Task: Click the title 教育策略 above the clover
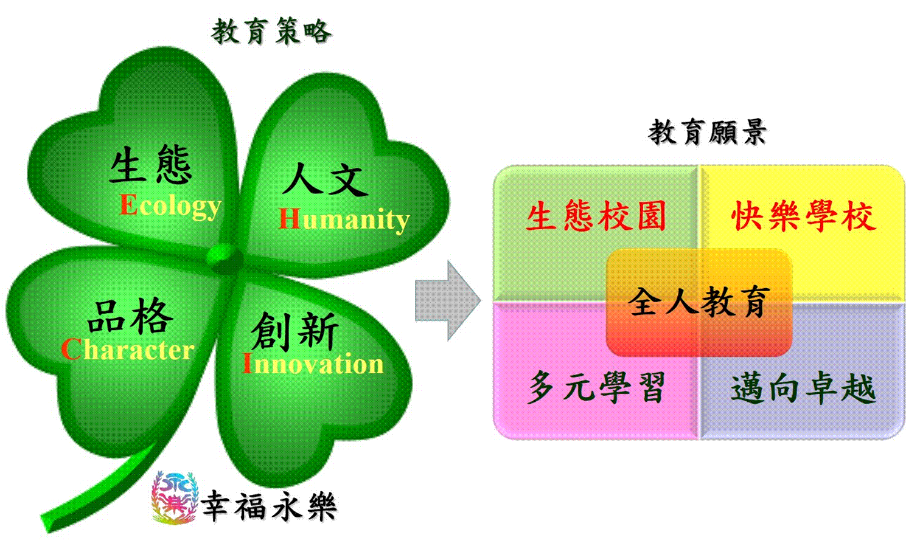pos(271,31)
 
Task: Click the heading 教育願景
pos(708,132)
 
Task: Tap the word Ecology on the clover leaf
pos(170,206)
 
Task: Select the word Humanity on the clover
pos(344,219)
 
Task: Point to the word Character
pos(128,349)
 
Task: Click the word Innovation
pos(313,363)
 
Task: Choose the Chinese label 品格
pos(130,316)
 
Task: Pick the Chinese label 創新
pos(294,331)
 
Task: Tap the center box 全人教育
pos(699,302)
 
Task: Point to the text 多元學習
pos(596,387)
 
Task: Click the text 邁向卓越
pos(803,388)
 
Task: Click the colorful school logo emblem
pos(175,498)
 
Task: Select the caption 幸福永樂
pos(269,505)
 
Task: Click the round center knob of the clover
pos(223,258)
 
